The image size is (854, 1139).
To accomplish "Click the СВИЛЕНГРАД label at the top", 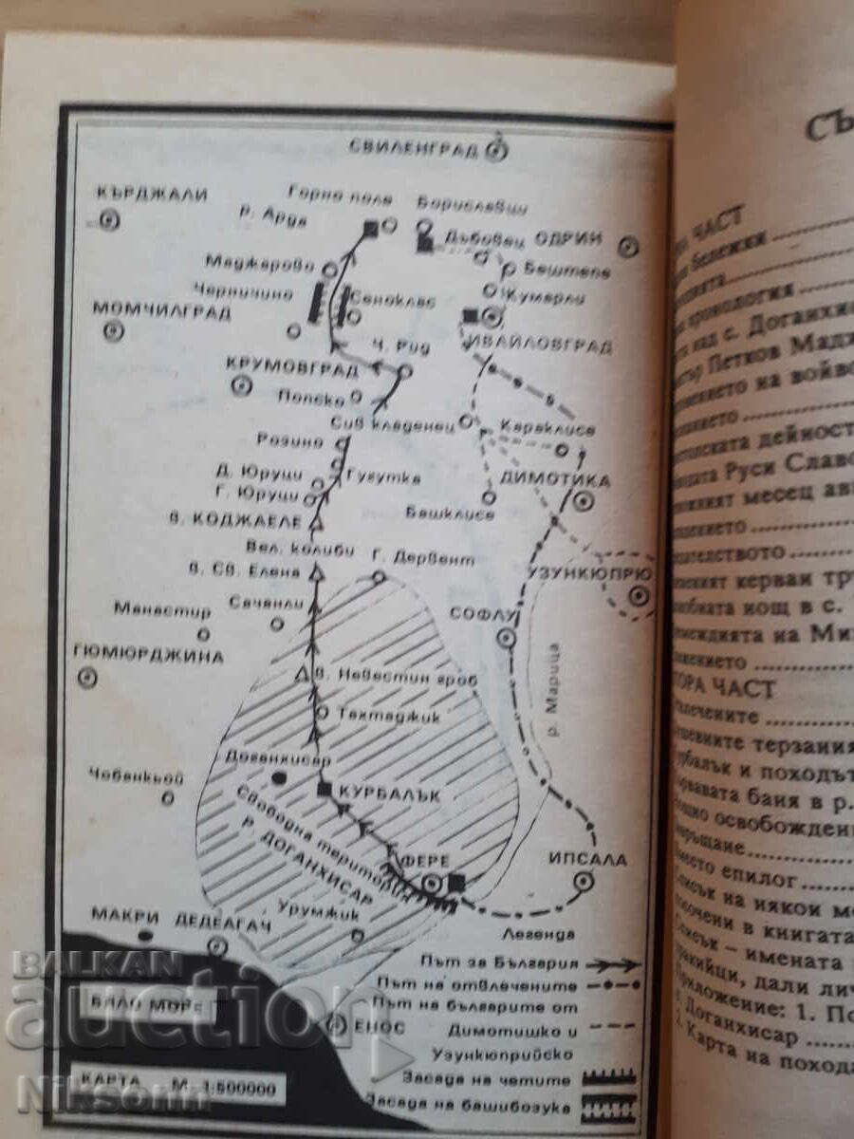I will point(414,147).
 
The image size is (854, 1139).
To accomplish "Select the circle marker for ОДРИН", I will point(627,247).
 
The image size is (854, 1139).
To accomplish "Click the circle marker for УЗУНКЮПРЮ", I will point(640,595).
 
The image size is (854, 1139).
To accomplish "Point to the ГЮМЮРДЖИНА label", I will point(148,656).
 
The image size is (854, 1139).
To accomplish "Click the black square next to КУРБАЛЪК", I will point(324,789).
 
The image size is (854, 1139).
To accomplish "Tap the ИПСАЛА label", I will point(588,859).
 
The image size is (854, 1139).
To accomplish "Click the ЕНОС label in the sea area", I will point(369,1024).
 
